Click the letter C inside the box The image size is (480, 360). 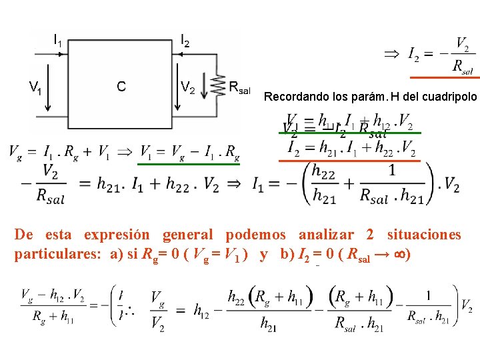pyautogui.click(x=121, y=86)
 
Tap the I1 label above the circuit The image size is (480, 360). pyautogui.click(x=59, y=40)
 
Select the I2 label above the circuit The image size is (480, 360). pyautogui.click(x=185, y=40)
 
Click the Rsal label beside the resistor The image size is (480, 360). pyautogui.click(x=239, y=87)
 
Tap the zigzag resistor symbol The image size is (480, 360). pyautogui.click(x=217, y=85)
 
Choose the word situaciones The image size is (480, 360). pyautogui.click(x=424, y=235)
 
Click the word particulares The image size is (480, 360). pyautogui.click(x=53, y=255)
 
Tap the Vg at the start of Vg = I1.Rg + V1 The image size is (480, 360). pyautogui.click(x=15, y=153)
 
